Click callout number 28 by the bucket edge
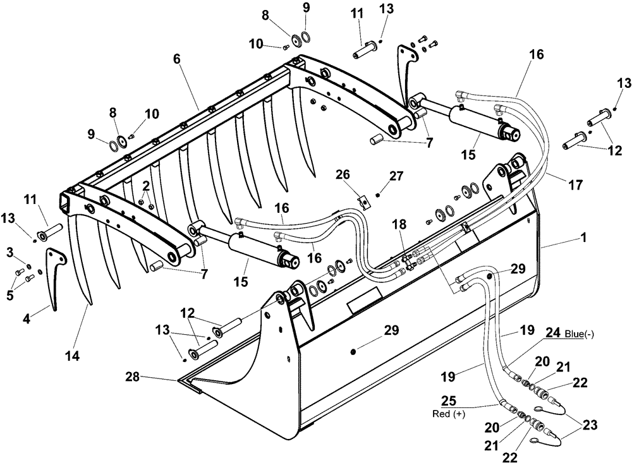pyautogui.click(x=133, y=378)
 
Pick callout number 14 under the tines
pyautogui.click(x=72, y=356)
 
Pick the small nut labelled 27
pyautogui.click(x=378, y=195)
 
